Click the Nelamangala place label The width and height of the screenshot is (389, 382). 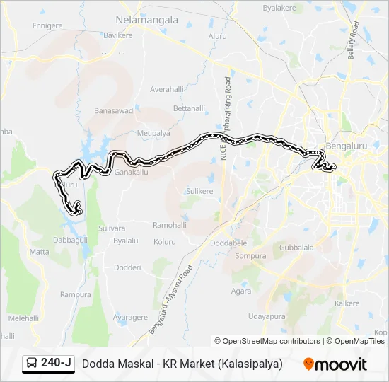[148, 20]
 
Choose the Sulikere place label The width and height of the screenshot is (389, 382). [199, 191]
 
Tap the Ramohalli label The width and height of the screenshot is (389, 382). [170, 225]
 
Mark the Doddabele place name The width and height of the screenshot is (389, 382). [228, 243]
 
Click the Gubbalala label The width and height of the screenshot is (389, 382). [296, 248]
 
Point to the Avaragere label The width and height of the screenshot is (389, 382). [131, 317]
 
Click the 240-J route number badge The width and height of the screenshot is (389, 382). [56, 363]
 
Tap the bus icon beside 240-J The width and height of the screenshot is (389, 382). [33, 364]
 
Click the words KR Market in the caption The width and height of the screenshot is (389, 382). [187, 364]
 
